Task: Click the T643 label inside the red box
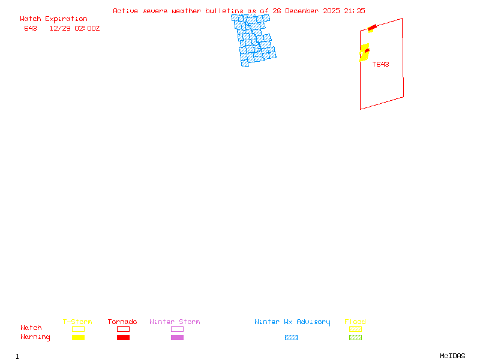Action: (x=380, y=64)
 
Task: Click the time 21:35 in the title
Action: (x=355, y=11)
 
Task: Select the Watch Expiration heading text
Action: (x=53, y=19)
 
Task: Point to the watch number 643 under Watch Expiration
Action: (x=31, y=28)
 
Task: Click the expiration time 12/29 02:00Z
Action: (x=74, y=28)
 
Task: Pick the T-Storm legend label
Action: (x=77, y=322)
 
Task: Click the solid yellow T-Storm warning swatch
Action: (x=78, y=337)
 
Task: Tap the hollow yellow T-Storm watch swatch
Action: (x=78, y=329)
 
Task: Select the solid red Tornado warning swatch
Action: (x=123, y=337)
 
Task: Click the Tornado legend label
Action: (x=122, y=322)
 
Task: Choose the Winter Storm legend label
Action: (x=175, y=322)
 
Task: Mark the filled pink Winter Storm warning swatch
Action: (x=177, y=337)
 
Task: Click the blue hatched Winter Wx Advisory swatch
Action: (x=291, y=337)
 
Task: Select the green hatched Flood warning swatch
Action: (x=355, y=337)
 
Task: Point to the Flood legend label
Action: (x=355, y=322)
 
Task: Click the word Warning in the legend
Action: (x=35, y=337)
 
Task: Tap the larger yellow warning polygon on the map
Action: (x=364, y=53)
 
